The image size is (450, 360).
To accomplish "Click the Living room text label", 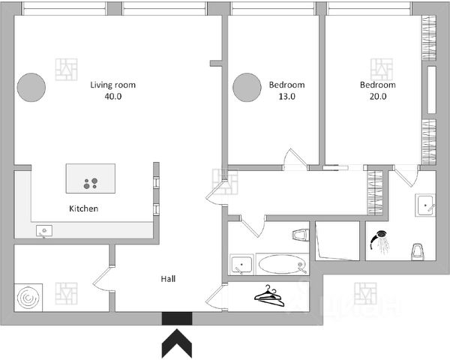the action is pyautogui.click(x=112, y=85).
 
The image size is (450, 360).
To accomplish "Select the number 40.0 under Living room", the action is pyautogui.click(x=112, y=97).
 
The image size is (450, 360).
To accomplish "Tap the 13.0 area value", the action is pyautogui.click(x=287, y=97).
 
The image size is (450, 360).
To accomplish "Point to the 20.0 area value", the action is pyautogui.click(x=377, y=97).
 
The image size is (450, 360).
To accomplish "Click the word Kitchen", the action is pyautogui.click(x=83, y=208).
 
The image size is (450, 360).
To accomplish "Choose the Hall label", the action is pyautogui.click(x=169, y=278).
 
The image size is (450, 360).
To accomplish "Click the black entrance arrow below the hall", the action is pyautogui.click(x=177, y=346).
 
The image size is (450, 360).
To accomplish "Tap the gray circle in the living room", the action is pyautogui.click(x=32, y=88).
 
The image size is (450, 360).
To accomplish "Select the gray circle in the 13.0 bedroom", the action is pyautogui.click(x=247, y=88).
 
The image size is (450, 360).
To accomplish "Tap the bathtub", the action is pyautogui.click(x=281, y=265).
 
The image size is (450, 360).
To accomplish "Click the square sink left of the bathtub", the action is pyautogui.click(x=242, y=264).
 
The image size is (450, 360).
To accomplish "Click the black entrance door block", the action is pyautogui.click(x=177, y=319).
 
